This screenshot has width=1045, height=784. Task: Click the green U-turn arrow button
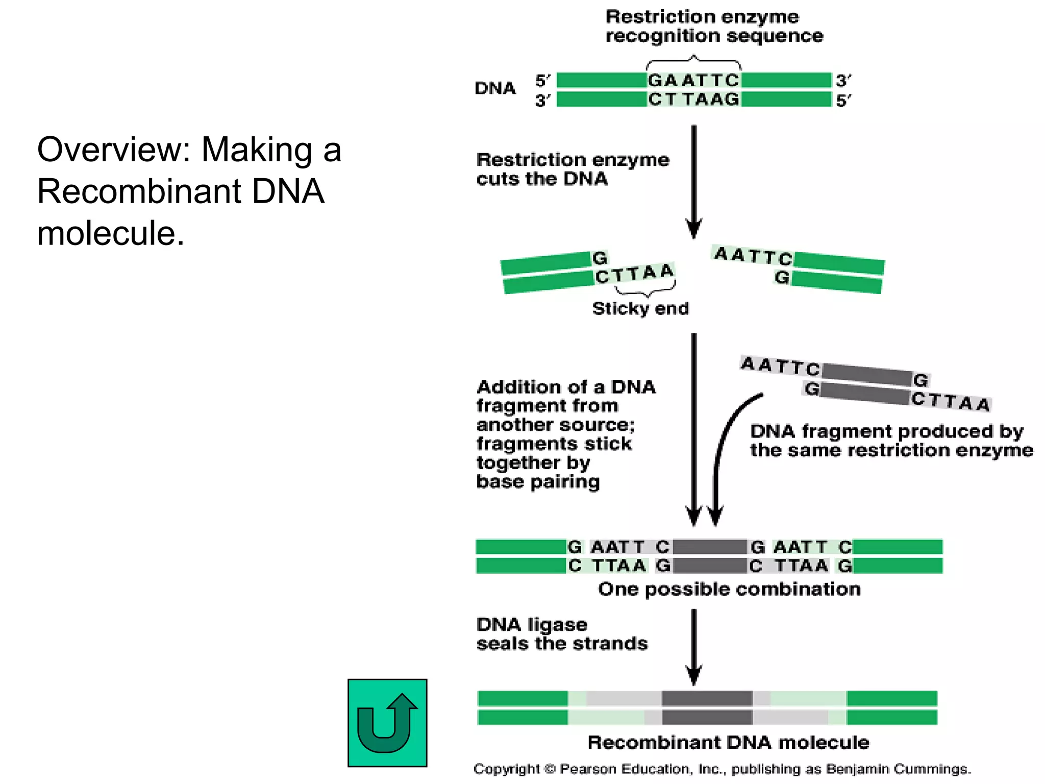(387, 723)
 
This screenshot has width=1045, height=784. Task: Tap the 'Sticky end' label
(640, 308)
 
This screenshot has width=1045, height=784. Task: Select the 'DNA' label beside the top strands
(495, 88)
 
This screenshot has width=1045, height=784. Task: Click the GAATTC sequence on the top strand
(693, 80)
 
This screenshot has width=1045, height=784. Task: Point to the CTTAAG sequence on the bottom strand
(693, 99)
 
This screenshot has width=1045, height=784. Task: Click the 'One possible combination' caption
(729, 589)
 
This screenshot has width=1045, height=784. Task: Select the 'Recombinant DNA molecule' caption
(728, 742)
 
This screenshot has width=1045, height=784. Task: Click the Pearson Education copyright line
(722, 769)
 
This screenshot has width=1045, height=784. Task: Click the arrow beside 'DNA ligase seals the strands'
(694, 646)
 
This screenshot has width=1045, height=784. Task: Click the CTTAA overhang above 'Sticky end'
(635, 274)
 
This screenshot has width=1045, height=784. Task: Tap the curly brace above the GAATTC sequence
(693, 63)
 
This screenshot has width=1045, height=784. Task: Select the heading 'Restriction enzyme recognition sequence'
(713, 26)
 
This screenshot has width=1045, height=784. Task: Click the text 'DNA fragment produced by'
(886, 431)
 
